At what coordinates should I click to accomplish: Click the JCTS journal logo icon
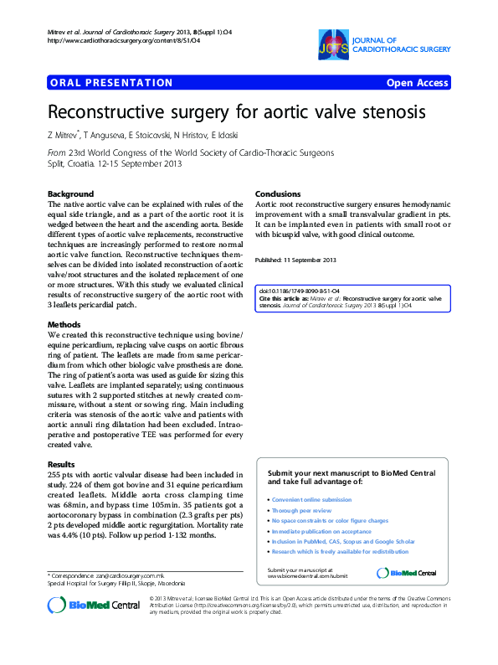click(333, 43)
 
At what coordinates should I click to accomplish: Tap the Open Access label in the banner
click(417, 83)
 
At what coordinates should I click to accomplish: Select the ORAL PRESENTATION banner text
click(111, 83)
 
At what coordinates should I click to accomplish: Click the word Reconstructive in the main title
click(104, 112)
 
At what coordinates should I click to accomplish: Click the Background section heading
click(71, 193)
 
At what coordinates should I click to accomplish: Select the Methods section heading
click(64, 324)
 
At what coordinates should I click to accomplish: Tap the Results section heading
click(62, 463)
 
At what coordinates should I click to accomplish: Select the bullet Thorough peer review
click(302, 510)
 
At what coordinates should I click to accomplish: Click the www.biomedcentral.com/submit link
click(307, 576)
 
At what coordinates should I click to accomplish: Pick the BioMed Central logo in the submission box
click(407, 573)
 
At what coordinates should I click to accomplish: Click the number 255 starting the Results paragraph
click(55, 473)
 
